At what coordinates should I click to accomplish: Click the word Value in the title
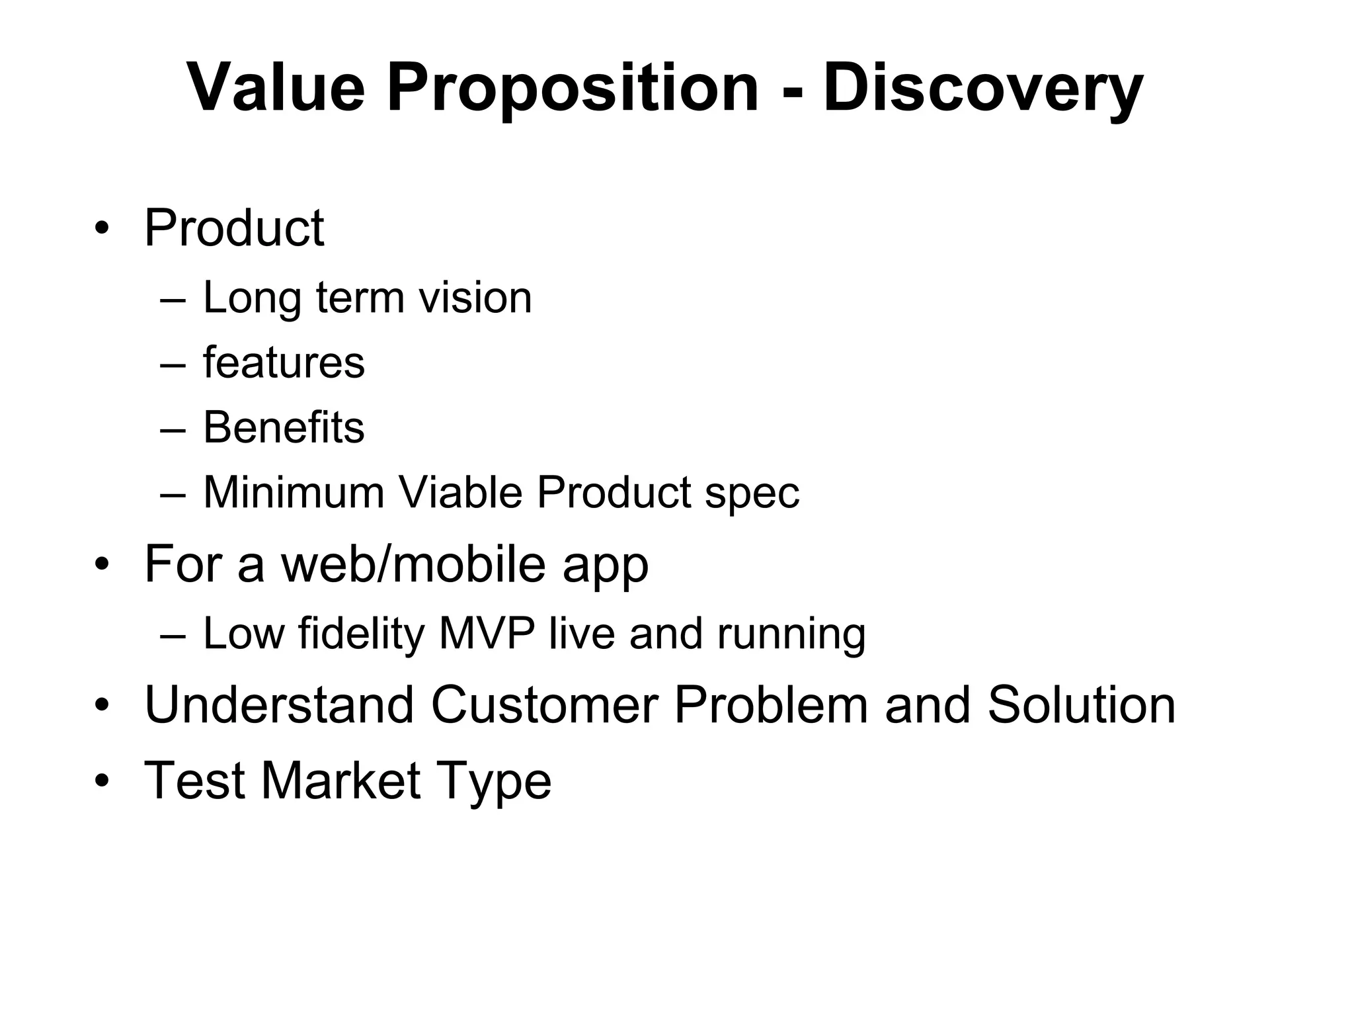point(276,88)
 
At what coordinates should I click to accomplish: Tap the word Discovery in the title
point(982,88)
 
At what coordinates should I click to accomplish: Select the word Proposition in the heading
point(573,88)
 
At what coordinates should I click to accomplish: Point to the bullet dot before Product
point(101,229)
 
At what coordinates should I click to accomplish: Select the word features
point(284,362)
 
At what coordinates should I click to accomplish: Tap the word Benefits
point(284,427)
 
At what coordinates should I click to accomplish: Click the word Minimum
point(294,493)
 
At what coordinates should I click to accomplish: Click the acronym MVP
point(487,634)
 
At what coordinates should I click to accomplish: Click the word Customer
point(545,705)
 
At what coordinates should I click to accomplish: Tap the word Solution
point(1082,705)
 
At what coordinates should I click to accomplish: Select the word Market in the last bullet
point(341,781)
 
